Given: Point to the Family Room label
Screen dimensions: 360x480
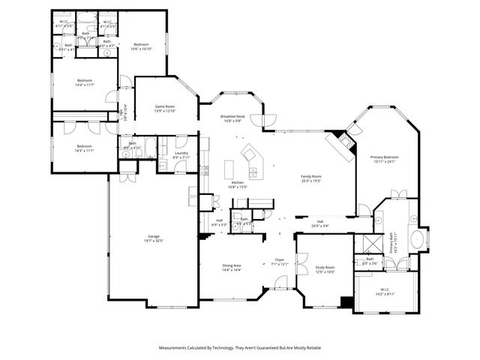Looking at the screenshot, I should [310, 177].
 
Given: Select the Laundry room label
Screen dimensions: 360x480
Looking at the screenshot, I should [181, 154].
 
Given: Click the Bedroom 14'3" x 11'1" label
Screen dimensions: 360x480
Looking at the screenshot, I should [83, 148].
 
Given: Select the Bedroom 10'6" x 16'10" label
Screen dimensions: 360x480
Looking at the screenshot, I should [142, 46].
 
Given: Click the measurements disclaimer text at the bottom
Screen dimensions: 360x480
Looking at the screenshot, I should [239, 348].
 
